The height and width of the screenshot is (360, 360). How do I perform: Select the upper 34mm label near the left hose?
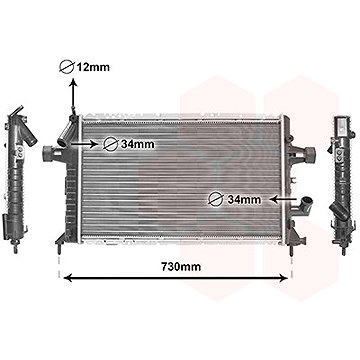[136, 143]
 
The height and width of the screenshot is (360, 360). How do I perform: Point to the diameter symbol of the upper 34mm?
[111, 143]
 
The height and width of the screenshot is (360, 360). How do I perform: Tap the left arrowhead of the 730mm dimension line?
[67, 276]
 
